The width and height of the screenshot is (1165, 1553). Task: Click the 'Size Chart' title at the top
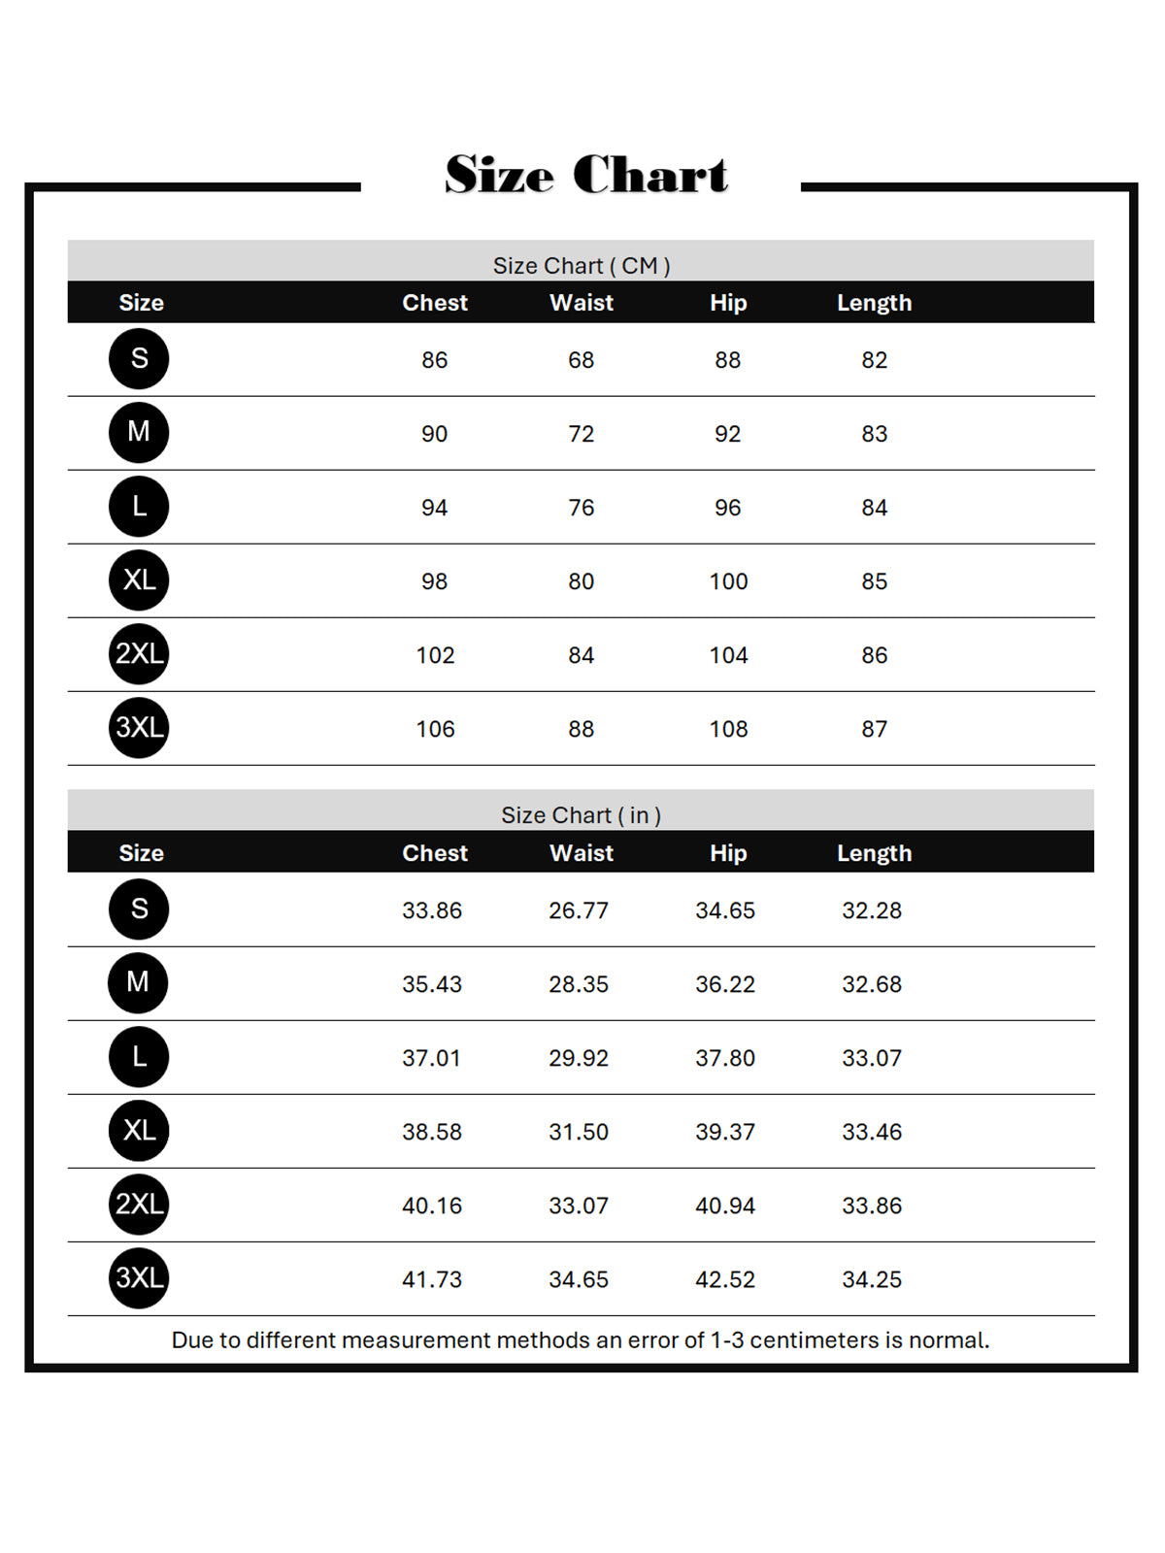585,175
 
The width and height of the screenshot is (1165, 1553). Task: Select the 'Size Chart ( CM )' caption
581,265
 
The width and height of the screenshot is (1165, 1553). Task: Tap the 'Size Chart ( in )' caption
581,814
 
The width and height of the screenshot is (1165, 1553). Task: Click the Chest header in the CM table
435,303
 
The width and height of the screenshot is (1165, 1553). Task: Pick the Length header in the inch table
874,853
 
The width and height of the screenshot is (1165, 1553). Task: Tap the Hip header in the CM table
728,303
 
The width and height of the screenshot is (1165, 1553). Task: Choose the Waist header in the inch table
582,853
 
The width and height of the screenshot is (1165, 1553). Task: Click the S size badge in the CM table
139,358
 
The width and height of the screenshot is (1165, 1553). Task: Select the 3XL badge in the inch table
139,1277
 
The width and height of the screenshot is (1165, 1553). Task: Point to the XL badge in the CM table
139,579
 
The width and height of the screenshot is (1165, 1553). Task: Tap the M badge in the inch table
139,982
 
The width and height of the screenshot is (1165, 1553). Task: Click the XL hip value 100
728,581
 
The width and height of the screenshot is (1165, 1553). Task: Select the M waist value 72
581,434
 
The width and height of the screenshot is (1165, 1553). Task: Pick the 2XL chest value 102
435,655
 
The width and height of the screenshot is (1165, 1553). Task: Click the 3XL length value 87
874,729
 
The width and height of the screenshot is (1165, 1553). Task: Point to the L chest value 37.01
431,1058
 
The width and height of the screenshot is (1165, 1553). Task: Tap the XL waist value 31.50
579,1132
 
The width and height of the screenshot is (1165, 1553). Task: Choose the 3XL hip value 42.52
725,1279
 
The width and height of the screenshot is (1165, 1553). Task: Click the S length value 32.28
872,910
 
